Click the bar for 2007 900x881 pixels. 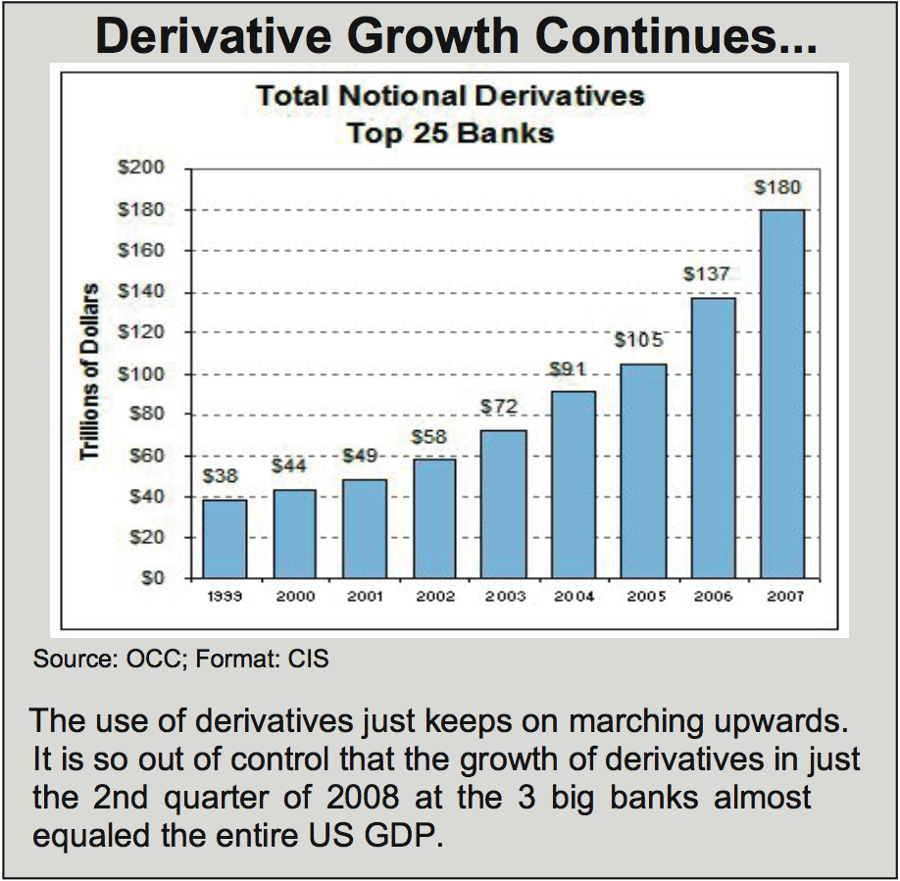tap(781, 394)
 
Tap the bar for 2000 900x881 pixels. tap(294, 534)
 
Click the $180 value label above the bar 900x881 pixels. tap(780, 187)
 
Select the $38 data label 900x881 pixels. tap(221, 476)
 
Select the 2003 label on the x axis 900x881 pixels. tap(505, 597)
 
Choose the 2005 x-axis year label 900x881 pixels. tap(644, 597)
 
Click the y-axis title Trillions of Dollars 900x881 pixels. tap(91, 372)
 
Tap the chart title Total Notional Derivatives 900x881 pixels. tap(450, 96)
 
